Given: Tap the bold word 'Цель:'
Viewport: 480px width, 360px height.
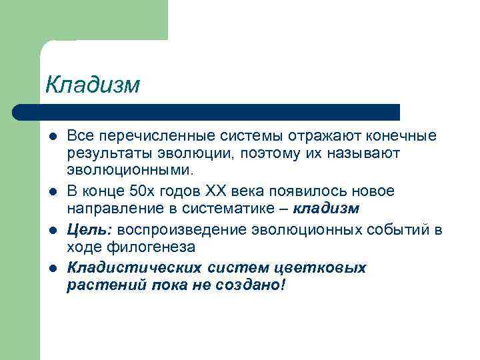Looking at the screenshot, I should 91,229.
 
